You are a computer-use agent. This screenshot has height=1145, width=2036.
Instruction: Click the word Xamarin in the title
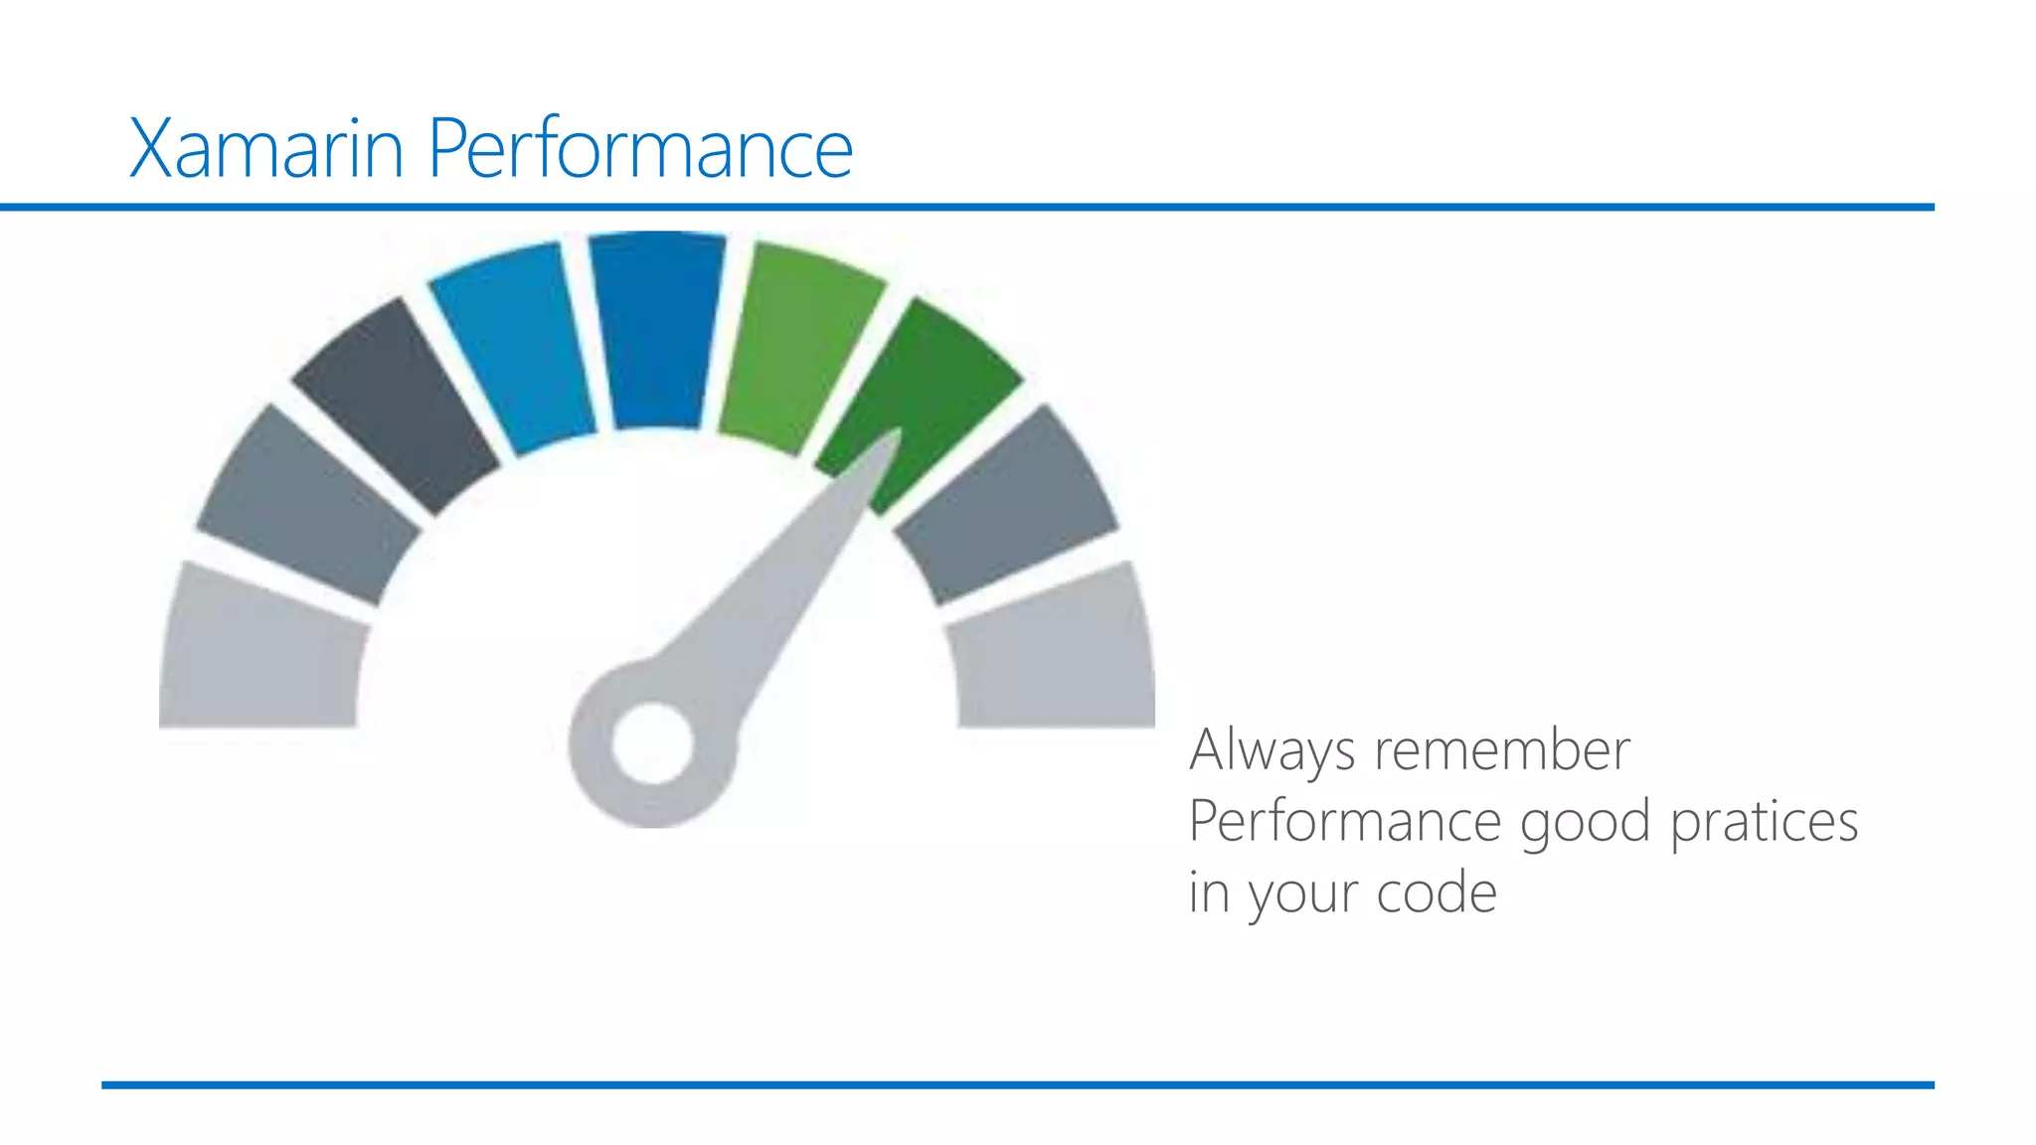(266, 149)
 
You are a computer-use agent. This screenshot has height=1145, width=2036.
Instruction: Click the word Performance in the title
(640, 149)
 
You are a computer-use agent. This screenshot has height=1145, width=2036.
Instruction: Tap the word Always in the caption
(1272, 750)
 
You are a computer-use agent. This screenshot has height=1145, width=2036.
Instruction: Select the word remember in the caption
(1501, 750)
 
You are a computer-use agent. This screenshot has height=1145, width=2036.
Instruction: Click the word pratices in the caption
(1764, 823)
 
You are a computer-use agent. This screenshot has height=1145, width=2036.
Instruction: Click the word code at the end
(1437, 894)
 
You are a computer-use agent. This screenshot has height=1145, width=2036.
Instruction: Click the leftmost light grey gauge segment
(260, 651)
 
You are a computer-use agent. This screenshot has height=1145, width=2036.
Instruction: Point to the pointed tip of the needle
(896, 435)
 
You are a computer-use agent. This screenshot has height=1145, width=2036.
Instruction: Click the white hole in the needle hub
(652, 743)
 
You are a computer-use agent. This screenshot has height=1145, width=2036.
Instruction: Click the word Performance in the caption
(1344, 823)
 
